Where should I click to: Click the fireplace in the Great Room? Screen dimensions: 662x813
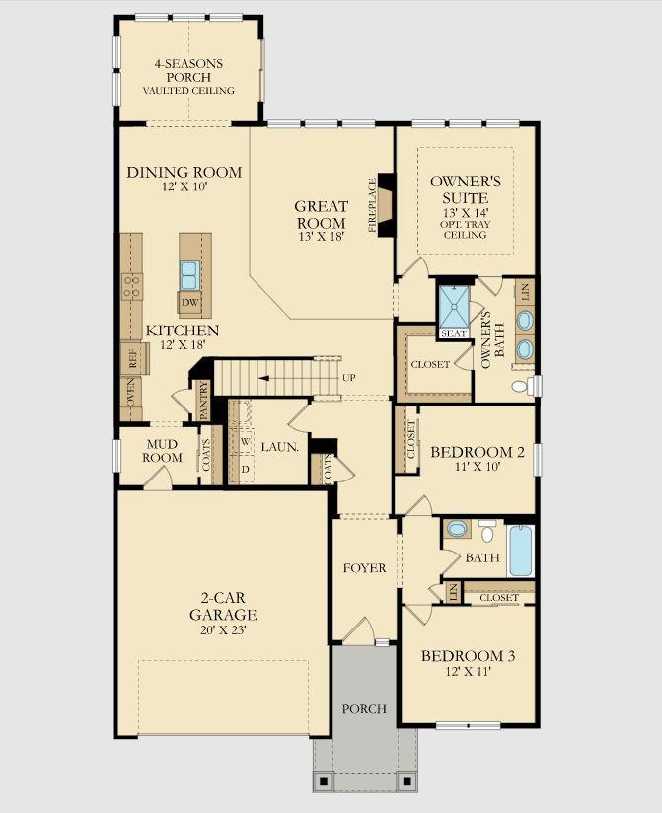tap(386, 205)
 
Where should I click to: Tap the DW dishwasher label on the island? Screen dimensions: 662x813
tap(189, 302)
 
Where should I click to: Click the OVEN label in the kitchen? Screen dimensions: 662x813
tap(131, 392)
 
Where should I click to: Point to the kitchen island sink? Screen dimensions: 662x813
tap(189, 275)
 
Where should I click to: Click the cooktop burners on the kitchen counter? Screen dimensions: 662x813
tap(132, 287)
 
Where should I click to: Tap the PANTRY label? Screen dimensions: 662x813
tap(203, 401)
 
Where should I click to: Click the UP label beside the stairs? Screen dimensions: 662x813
tap(349, 378)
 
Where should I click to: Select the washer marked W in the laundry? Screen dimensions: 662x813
tap(245, 441)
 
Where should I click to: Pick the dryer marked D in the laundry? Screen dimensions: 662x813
tap(245, 469)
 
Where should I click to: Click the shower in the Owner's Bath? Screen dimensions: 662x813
tap(454, 307)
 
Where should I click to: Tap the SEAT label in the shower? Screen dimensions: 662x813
tap(454, 333)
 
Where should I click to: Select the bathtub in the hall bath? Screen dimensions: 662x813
tap(521, 551)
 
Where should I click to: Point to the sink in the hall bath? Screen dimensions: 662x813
tap(457, 529)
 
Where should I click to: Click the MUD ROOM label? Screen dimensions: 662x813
tap(162, 451)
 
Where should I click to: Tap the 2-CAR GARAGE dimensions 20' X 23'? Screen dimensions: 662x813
tap(223, 630)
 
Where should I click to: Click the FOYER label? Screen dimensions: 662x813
tap(364, 568)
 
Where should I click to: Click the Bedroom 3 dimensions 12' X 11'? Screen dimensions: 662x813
tap(468, 672)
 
